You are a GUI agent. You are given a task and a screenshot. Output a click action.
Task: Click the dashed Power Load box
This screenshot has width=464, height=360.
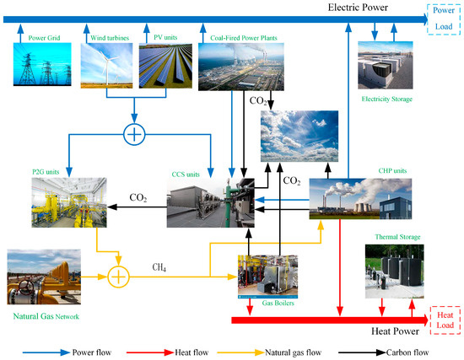pos(443,17)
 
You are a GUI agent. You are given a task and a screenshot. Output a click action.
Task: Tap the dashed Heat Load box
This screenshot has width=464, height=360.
pos(444,317)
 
